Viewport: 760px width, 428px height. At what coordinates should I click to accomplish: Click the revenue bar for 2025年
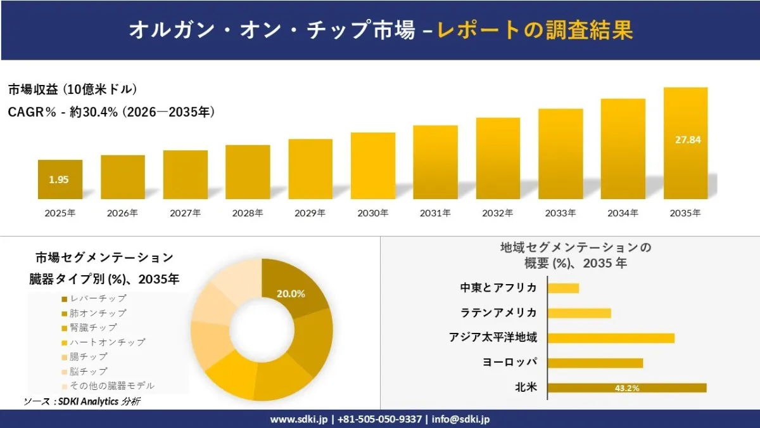tap(60, 179)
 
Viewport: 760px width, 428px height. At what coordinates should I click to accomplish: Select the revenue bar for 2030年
tap(373, 165)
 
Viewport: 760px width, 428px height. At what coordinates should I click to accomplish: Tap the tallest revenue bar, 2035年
tap(686, 143)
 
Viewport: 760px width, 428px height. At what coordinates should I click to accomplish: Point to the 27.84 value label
tap(688, 140)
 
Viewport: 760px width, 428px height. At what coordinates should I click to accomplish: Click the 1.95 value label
tap(59, 179)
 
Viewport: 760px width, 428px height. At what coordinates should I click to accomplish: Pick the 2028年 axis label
tap(248, 213)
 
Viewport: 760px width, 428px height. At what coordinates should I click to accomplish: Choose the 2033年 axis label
tap(560, 213)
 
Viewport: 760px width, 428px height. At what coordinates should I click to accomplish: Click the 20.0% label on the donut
tap(291, 294)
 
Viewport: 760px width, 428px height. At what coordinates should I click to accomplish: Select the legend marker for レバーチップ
tap(65, 299)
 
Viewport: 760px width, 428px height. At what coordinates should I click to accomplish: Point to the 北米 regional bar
tap(627, 388)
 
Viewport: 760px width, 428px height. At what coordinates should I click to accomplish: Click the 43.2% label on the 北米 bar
tap(627, 388)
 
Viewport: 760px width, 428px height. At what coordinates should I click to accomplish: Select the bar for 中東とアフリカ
tap(563, 289)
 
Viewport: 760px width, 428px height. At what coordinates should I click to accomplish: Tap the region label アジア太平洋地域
tap(493, 337)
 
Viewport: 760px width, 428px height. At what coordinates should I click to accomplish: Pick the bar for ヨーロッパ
tap(595, 363)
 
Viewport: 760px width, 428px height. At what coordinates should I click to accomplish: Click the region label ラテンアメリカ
tap(498, 313)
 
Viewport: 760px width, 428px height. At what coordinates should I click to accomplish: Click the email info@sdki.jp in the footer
tap(461, 419)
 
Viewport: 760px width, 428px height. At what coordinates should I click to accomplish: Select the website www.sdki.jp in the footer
tap(299, 419)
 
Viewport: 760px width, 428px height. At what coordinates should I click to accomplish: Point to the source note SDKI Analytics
tap(88, 401)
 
